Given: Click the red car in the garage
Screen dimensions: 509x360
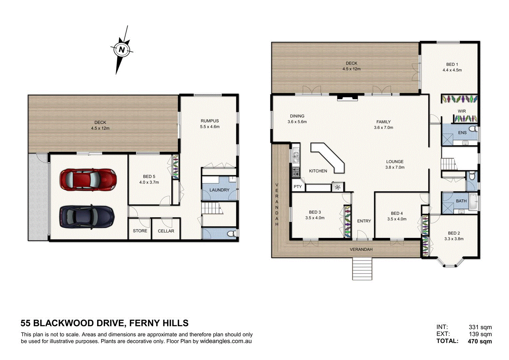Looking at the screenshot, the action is (x=88, y=180).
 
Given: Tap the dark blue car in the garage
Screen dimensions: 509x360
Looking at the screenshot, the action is (x=87, y=217).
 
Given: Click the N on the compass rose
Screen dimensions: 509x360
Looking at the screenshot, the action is (x=122, y=49).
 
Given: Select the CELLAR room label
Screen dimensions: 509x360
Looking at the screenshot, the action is (x=166, y=231).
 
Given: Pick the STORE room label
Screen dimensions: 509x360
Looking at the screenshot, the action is (x=140, y=231).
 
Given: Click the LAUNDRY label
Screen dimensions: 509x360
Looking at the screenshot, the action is (x=219, y=190).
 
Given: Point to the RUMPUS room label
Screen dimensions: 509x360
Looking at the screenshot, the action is (x=210, y=121).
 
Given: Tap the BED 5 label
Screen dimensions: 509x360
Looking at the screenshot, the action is (x=149, y=176).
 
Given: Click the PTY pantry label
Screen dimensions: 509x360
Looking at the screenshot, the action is (x=298, y=187).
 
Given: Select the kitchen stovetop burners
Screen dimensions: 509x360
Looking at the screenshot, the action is (x=296, y=172).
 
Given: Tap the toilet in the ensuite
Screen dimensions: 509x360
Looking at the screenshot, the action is (x=473, y=129).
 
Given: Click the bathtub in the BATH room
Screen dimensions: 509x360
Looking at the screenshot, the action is (x=473, y=201).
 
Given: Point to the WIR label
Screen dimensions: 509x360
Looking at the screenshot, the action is (x=462, y=111).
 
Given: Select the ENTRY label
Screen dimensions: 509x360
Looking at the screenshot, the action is (x=364, y=221).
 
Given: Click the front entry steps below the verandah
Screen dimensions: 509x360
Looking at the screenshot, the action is (x=362, y=269).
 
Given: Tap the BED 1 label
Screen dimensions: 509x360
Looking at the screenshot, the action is (x=452, y=64).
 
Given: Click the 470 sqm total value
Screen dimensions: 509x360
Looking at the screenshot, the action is (x=480, y=341).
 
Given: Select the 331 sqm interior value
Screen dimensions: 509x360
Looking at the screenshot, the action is (x=480, y=327).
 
